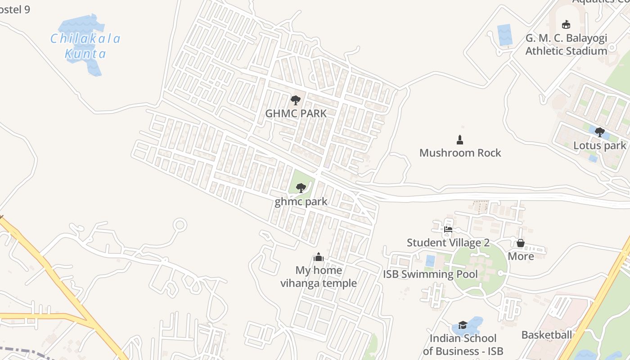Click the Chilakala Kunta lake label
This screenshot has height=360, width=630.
click(x=85, y=46)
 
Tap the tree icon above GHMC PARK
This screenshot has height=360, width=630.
click(x=296, y=100)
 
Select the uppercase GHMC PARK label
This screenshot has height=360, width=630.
click(x=296, y=113)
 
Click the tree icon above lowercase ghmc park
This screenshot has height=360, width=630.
click(x=301, y=188)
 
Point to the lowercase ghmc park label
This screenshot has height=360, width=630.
click(x=301, y=202)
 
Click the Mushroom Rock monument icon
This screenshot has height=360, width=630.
click(x=460, y=140)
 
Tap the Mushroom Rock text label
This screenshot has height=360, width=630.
click(x=460, y=153)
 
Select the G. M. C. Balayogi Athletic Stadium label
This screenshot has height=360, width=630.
click(x=566, y=44)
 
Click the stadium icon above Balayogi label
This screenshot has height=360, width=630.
click(x=566, y=24)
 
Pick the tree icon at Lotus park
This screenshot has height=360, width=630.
click(x=599, y=132)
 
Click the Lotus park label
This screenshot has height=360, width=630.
click(x=599, y=145)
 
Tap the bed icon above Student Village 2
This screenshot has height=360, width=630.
click(x=448, y=229)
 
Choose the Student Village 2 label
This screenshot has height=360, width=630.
click(x=448, y=243)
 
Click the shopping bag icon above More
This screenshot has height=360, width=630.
click(x=521, y=243)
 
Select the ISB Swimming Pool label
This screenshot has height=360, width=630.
click(x=430, y=274)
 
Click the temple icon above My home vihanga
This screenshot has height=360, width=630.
click(x=319, y=257)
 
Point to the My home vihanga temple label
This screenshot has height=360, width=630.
click(x=319, y=277)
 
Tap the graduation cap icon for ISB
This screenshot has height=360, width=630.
click(x=463, y=325)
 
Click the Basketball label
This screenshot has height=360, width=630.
click(x=546, y=335)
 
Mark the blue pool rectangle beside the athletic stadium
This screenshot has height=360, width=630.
click(x=504, y=35)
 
